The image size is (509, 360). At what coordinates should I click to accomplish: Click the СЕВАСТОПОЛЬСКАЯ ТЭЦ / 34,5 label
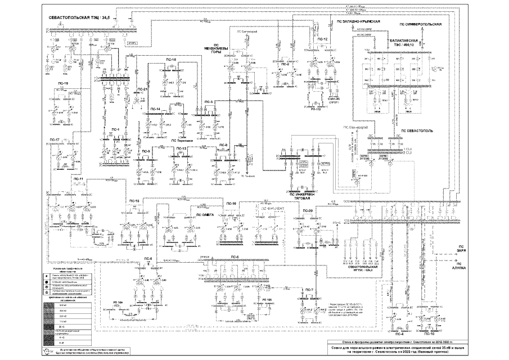point(80,20)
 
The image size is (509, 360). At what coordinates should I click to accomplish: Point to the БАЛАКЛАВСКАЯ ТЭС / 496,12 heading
point(409,44)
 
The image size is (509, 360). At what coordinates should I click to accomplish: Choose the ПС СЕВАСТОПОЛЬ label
point(417,130)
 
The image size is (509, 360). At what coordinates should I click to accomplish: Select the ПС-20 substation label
point(307,210)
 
